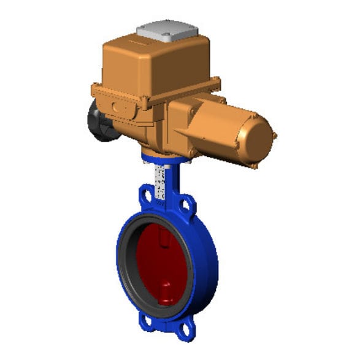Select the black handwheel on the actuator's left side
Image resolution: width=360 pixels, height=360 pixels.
pyautogui.click(x=98, y=121)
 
